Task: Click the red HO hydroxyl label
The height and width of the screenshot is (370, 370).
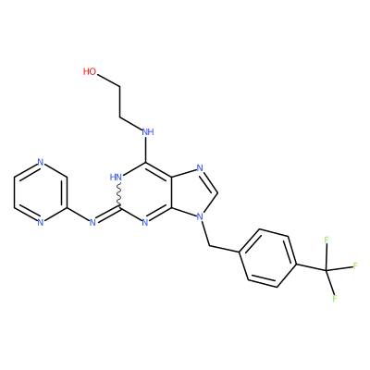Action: [x=90, y=71]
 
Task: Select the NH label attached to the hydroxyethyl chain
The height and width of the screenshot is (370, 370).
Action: [x=148, y=132]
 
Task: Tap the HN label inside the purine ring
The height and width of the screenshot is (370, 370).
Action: [x=117, y=177]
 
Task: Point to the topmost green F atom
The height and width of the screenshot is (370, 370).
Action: [x=327, y=240]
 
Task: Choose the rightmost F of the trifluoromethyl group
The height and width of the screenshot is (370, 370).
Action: [x=355, y=265]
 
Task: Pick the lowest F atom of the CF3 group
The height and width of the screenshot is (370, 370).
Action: [x=335, y=298]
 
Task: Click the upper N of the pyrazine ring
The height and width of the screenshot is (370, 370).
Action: [x=40, y=162]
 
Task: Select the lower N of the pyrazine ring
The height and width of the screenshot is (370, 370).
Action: [x=40, y=222]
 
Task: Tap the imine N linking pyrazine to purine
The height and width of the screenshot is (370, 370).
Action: [x=92, y=222]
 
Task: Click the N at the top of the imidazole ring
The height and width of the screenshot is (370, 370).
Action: [x=200, y=168]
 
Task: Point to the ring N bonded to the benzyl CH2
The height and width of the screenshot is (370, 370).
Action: [x=200, y=216]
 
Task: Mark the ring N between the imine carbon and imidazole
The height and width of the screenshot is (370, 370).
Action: [x=145, y=222]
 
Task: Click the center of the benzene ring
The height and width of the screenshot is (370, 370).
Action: [x=268, y=258]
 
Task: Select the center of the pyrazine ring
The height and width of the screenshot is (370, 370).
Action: [x=40, y=192]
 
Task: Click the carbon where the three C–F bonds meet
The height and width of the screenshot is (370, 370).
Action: [x=327, y=270]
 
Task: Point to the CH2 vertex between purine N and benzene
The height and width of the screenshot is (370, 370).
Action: [x=209, y=246]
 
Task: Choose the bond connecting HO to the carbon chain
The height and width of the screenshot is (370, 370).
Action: [x=107, y=80]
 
